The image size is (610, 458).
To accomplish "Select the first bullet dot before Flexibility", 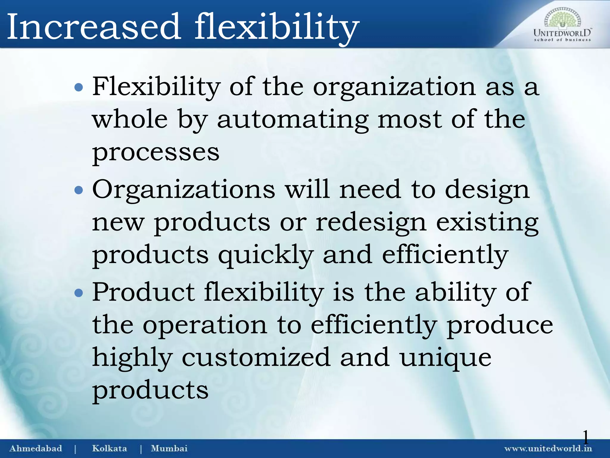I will pyautogui.click(x=79, y=88).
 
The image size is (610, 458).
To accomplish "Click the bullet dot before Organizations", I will pyautogui.click(x=79, y=190).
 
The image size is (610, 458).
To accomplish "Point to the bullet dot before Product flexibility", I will pyautogui.click(x=79, y=293).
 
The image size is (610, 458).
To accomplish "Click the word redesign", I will pyautogui.click(x=371, y=223).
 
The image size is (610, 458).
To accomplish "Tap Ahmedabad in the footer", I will pyautogui.click(x=36, y=448).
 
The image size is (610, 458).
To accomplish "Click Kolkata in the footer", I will pyautogui.click(x=109, y=448).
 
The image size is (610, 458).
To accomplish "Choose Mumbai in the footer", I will pyautogui.click(x=169, y=448).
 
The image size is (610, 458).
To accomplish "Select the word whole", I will pyautogui.click(x=130, y=119).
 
